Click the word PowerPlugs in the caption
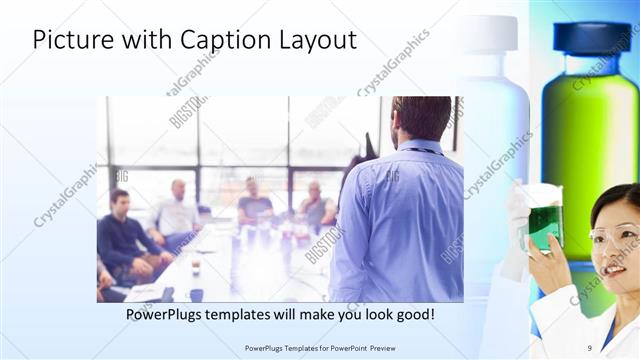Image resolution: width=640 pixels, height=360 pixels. pos(168,315)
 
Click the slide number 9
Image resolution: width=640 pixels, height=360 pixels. pos(590,347)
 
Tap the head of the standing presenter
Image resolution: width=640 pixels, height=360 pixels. pos(420,118)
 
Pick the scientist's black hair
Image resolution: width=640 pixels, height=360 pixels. pos(615,200)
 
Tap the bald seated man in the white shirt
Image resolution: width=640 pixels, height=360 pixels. pos(177,212)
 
